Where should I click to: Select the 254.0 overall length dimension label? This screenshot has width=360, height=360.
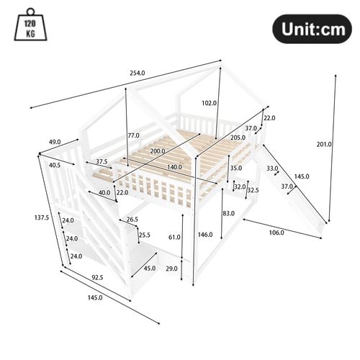(137, 73)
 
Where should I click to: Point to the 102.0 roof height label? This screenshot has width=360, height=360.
(210, 102)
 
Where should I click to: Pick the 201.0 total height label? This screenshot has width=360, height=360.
(324, 144)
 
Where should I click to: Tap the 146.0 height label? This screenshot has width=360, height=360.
(204, 235)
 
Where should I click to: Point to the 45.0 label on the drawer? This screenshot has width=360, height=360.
(150, 269)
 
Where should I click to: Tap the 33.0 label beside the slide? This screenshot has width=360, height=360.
(272, 169)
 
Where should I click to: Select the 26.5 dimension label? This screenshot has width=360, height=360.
(132, 220)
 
